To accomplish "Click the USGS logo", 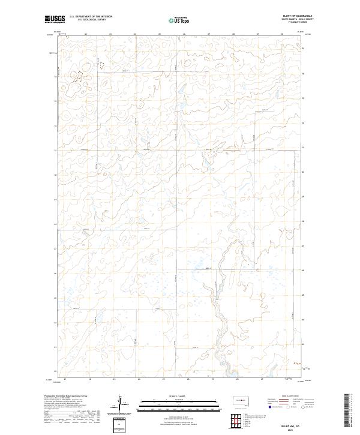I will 53,19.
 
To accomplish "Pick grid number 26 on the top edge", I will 184,34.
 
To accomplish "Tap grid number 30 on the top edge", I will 282,34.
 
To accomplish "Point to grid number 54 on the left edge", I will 56,76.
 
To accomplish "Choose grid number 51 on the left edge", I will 56,150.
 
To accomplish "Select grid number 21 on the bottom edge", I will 65,380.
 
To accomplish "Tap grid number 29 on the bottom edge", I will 262,380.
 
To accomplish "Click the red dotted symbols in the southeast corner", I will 295,362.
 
